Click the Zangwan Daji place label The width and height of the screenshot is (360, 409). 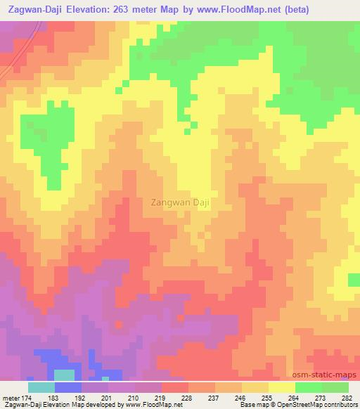(181, 202)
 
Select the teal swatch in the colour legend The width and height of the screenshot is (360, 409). (41, 387)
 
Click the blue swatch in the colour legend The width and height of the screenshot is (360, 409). (67, 387)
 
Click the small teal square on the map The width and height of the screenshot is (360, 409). (64, 375)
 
